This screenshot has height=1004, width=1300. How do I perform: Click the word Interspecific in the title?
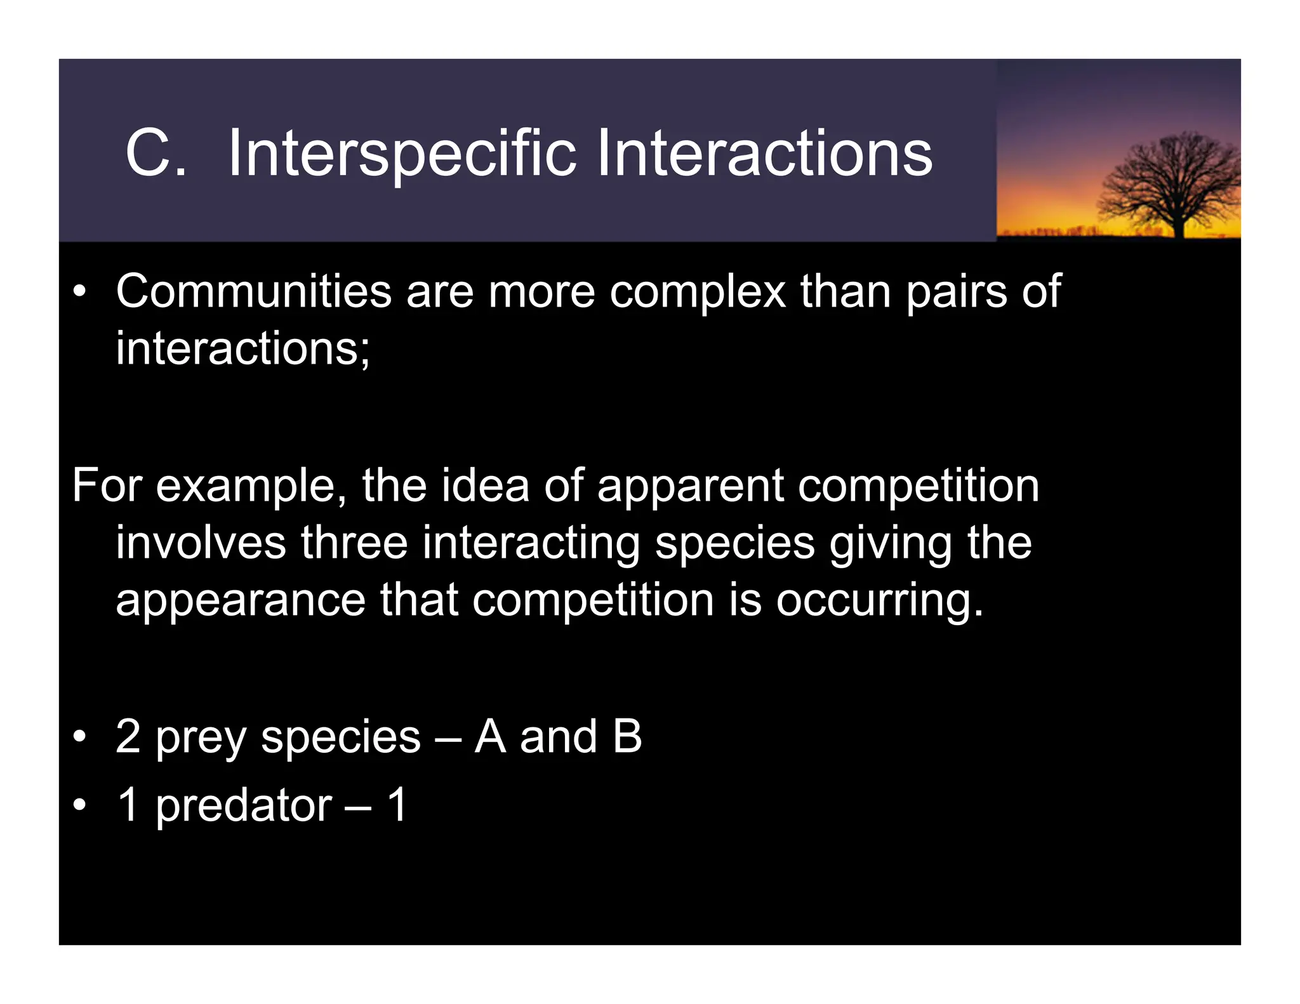402,154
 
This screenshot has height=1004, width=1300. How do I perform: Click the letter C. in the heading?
156,154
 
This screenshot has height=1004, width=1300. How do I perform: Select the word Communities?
253,292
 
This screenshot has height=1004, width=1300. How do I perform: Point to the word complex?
697,292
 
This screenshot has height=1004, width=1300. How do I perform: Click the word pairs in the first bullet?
956,292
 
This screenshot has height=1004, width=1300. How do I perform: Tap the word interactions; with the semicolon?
242,349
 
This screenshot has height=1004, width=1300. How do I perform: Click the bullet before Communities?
79,292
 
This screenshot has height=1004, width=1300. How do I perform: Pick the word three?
354,543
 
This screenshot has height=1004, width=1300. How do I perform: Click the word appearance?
241,600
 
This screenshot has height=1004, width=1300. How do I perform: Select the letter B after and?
627,737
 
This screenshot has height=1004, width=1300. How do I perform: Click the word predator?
243,806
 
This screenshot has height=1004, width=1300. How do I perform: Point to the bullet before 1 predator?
79,806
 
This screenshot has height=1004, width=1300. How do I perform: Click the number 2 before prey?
128,737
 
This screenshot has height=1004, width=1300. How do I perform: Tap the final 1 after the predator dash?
397,805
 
